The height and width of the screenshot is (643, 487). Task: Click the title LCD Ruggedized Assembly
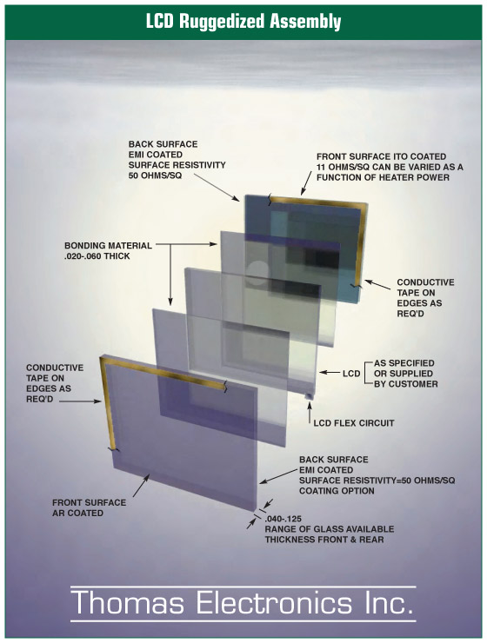(x=243, y=22)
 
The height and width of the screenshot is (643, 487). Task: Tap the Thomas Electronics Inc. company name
(x=243, y=604)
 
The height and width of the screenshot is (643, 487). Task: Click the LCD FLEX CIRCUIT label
(x=354, y=423)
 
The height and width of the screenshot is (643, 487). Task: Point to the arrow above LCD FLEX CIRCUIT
(x=310, y=413)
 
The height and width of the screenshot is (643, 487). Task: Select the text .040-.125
(x=284, y=519)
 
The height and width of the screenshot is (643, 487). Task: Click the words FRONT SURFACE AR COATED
(x=89, y=507)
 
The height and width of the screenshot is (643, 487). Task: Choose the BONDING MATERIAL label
(x=108, y=246)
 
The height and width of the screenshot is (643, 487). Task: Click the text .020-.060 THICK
(x=97, y=256)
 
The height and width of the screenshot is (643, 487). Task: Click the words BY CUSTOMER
(x=406, y=384)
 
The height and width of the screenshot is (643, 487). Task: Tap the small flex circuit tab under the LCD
(x=308, y=396)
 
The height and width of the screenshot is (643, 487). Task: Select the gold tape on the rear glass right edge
(x=361, y=245)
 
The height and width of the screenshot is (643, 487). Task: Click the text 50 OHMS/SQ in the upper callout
(x=155, y=176)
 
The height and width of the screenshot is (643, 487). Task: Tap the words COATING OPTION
(x=337, y=491)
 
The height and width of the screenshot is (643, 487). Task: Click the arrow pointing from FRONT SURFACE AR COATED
(x=141, y=486)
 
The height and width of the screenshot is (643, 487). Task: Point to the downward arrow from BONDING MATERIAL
(x=170, y=275)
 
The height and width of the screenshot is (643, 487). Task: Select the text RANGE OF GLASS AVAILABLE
(x=330, y=529)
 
